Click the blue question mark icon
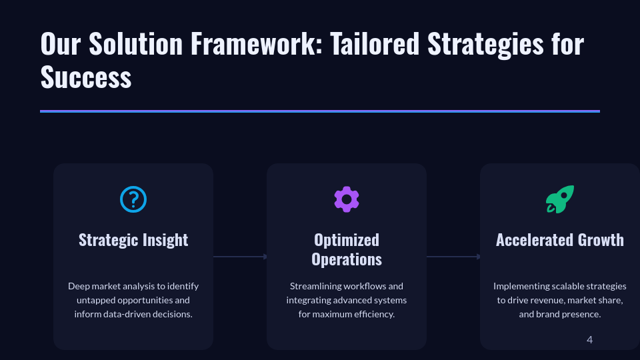click(133, 199)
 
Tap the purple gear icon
click(347, 199)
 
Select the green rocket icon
click(560, 199)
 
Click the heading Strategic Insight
click(133, 240)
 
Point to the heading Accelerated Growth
click(560, 240)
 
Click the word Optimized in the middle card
click(347, 240)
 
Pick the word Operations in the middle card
click(347, 259)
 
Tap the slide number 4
click(589, 340)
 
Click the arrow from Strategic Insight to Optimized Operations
click(240, 257)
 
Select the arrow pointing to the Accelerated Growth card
click(453, 257)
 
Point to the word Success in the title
click(86, 77)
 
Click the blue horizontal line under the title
click(320, 111)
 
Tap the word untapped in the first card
click(97, 300)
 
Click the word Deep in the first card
click(79, 286)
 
